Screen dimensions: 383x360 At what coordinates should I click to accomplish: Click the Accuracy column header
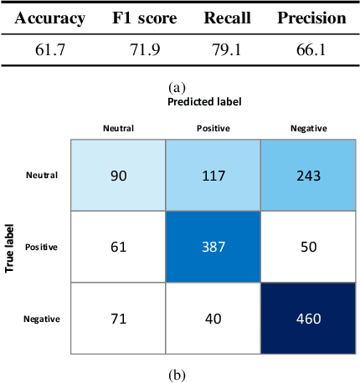point(49,18)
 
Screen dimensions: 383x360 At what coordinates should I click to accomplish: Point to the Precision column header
point(311,18)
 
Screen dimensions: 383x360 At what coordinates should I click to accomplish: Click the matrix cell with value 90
point(119,176)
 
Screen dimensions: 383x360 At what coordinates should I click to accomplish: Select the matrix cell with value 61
point(119,248)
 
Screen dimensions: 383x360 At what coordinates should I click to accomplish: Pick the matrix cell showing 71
point(119,319)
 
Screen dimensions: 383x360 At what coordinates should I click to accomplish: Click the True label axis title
point(11,248)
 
